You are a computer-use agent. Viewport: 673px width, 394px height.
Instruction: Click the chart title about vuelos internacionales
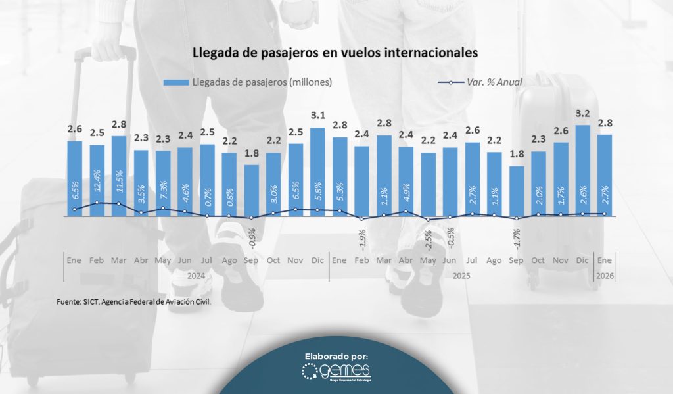click(x=335, y=53)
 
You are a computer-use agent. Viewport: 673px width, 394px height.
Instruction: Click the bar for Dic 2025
click(x=582, y=171)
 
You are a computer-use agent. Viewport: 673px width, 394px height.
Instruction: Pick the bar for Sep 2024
click(x=251, y=191)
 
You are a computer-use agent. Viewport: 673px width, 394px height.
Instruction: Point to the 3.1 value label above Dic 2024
click(x=317, y=116)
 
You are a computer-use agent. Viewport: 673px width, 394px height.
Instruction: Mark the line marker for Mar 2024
click(x=119, y=203)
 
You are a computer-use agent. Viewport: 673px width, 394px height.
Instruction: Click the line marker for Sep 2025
click(x=517, y=218)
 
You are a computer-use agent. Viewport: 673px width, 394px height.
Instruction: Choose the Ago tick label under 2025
click(x=494, y=260)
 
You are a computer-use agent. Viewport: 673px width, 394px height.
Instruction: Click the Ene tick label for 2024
click(x=74, y=260)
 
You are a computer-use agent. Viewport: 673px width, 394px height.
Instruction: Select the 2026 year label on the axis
click(x=605, y=276)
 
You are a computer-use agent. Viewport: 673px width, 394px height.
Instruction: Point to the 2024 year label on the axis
click(x=196, y=276)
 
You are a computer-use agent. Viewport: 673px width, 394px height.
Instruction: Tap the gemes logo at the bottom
click(x=336, y=372)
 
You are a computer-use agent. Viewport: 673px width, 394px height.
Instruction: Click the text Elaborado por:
click(x=336, y=356)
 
